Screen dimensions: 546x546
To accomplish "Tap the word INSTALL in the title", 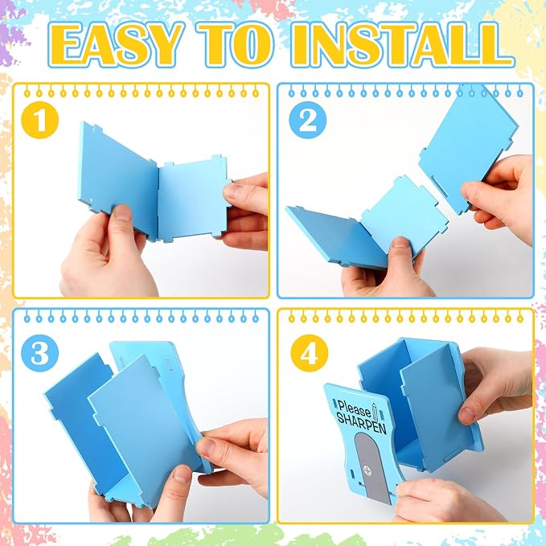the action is point(400,44).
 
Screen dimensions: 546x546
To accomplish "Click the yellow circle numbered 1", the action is point(39,120).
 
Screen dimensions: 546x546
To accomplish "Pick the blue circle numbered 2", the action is point(307,120).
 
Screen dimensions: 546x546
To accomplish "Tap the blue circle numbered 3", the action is point(39,353).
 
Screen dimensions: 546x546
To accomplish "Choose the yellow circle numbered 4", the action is point(310,353).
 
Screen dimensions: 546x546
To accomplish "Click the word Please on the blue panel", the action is point(354,408).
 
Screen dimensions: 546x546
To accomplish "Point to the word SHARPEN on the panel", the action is point(361,423).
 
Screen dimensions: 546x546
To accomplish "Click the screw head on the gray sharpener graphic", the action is point(367,470).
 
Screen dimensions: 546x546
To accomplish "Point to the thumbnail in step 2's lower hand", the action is point(400,246).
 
